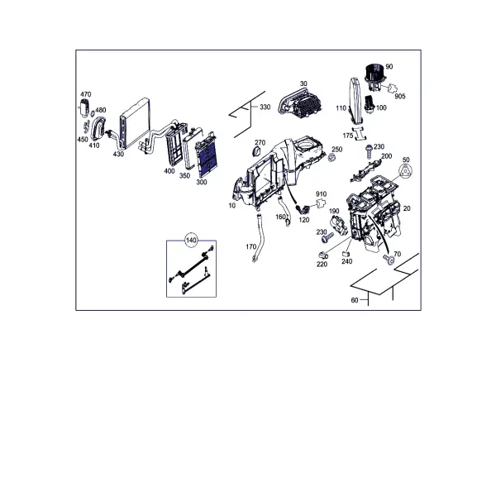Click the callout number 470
[x=86, y=94]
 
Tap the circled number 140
[x=191, y=241]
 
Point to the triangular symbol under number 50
[x=405, y=172]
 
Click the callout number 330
[x=265, y=107]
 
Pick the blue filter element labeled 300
[x=206, y=155]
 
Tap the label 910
[x=321, y=194]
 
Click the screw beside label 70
[x=389, y=260]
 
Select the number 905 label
[x=400, y=96]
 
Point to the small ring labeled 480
[x=93, y=114]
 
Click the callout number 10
[x=232, y=206]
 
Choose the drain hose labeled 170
[x=258, y=237]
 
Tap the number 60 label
[x=355, y=300]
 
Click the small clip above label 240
[x=346, y=254]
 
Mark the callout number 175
[x=348, y=136]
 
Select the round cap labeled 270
[x=257, y=151]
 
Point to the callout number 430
[x=118, y=154]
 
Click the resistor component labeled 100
[x=370, y=103]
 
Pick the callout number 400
[x=169, y=171]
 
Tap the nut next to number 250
[x=331, y=157]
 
